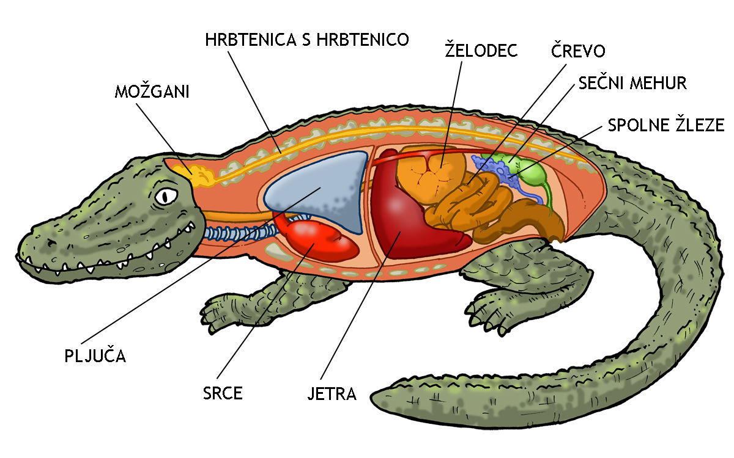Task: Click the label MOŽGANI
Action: (x=152, y=93)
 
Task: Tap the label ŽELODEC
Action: (x=481, y=51)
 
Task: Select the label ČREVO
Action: (x=578, y=51)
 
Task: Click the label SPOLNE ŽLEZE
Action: (x=666, y=125)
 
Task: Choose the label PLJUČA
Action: (x=95, y=355)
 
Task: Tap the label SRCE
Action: (x=223, y=393)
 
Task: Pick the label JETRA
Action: (x=332, y=393)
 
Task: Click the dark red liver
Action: (x=407, y=223)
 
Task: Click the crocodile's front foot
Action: (x=229, y=308)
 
